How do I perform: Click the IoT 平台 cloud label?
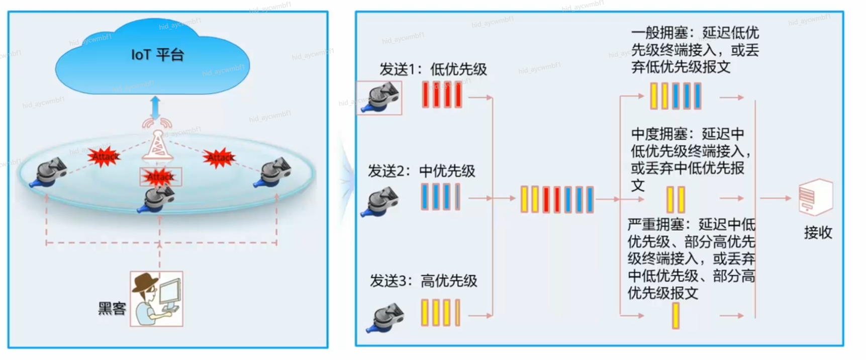[x=157, y=55]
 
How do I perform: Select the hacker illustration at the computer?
[x=157, y=299]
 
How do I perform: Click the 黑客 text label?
[x=112, y=308]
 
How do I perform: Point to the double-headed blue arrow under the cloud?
[x=155, y=107]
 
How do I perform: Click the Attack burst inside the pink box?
[x=160, y=177]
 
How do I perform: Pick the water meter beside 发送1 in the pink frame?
[x=379, y=98]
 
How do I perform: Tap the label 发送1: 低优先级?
[x=433, y=69]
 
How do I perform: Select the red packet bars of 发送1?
[x=441, y=95]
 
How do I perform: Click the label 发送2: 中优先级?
[x=421, y=171]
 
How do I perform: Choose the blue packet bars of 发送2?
[x=440, y=197]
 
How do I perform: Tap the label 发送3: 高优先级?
[x=423, y=281]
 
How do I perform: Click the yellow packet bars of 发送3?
[x=440, y=313]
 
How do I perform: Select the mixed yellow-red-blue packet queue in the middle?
[x=557, y=199]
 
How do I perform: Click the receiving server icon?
[x=816, y=197]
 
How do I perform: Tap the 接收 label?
[x=818, y=232]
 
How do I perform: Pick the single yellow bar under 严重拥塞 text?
[x=676, y=316]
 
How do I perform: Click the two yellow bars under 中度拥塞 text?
[x=676, y=199]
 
